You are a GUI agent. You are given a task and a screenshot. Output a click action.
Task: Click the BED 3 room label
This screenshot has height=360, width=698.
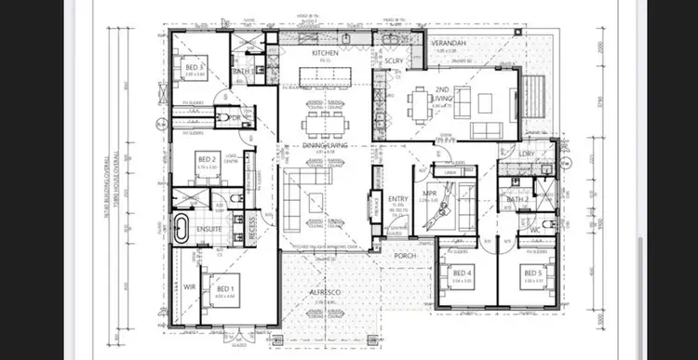[193, 69]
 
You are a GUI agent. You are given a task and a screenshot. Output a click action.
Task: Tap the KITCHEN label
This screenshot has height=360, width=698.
[324, 53]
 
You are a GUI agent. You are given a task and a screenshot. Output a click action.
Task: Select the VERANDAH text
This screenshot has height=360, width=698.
[449, 43]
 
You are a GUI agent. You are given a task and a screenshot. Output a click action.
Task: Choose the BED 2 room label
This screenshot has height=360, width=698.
[206, 161]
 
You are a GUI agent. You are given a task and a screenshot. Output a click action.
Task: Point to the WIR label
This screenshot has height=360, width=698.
[188, 287]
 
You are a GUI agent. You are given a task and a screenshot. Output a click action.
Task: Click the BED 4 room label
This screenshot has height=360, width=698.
[463, 273]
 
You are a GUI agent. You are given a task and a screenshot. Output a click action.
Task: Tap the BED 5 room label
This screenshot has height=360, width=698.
[530, 273]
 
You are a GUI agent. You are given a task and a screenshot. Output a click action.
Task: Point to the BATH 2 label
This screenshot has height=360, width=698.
[517, 199]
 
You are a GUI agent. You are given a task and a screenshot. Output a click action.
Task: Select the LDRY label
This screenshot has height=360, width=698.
[527, 154]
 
